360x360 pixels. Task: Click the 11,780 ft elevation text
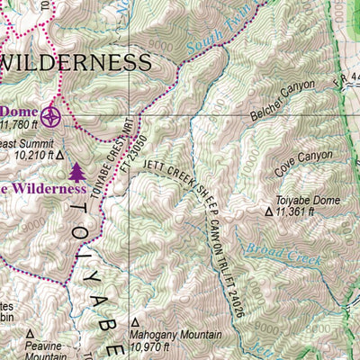pyautogui.click(x=22, y=125)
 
